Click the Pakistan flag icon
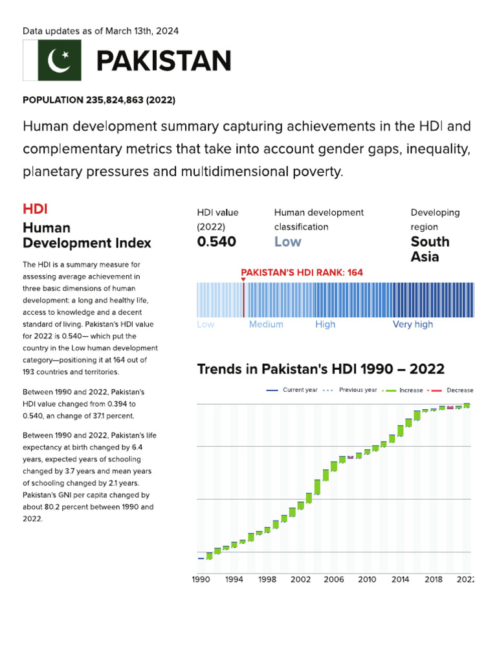tap(52, 60)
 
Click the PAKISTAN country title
tap(164, 61)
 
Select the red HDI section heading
tap(35, 208)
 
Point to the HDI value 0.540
tap(216, 242)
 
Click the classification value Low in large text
tap(287, 242)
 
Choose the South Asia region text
tap(430, 249)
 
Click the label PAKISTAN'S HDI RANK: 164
tap(302, 273)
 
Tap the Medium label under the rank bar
tap(266, 324)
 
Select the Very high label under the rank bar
tap(413, 324)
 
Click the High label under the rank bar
tap(325, 324)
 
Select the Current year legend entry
tap(294, 390)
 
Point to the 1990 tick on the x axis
tap(201, 579)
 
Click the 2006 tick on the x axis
tap(334, 579)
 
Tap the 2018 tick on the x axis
tap(434, 579)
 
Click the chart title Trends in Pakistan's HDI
tap(320, 369)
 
